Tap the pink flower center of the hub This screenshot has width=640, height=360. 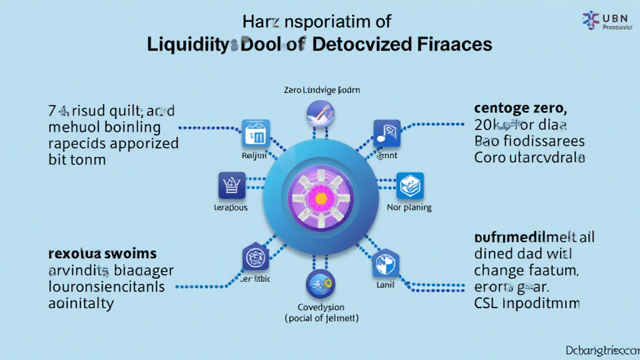point(321,198)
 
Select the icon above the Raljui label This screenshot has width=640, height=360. point(256,133)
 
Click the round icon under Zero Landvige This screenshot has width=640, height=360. point(321,114)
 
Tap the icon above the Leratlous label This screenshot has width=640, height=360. point(231,186)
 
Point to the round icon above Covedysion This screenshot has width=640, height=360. point(321,284)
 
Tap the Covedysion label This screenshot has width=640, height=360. point(320,307)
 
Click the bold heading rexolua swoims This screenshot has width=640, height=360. point(102,254)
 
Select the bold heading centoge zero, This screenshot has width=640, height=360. point(520,108)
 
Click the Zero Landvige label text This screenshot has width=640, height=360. point(320,90)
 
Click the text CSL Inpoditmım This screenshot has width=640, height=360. point(527,303)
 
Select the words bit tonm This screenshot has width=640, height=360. point(77,159)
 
